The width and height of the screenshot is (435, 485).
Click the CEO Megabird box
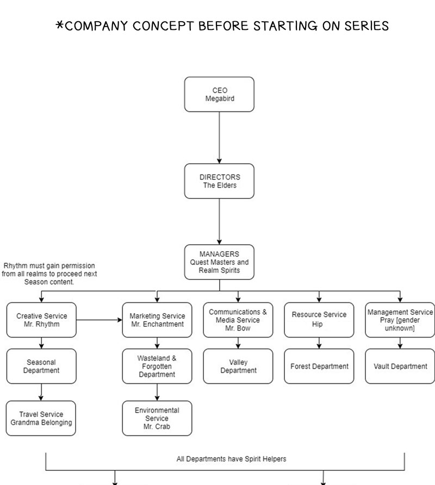tap(219, 94)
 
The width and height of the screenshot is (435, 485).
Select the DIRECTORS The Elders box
tap(219, 181)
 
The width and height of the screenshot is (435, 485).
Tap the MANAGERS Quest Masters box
tap(219, 262)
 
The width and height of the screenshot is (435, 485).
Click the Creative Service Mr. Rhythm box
tap(41, 320)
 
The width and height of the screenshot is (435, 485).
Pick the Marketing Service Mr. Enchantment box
tap(157, 320)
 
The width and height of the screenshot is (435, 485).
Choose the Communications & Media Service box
tap(238, 320)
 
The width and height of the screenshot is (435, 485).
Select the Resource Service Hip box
tap(319, 320)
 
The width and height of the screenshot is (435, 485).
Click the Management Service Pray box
tap(400, 320)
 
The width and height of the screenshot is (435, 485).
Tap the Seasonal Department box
tap(41, 366)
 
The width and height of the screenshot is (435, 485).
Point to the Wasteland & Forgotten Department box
tap(157, 366)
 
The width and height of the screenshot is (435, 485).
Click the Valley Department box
tap(238, 366)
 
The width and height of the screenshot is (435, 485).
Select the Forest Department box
tap(319, 366)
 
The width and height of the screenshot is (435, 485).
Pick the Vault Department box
tap(400, 366)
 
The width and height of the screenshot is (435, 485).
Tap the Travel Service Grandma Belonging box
tap(41, 418)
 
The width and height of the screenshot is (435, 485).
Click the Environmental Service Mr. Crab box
tap(157, 418)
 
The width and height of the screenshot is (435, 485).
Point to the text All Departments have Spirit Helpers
tap(224, 459)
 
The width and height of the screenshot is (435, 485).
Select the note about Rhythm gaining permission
tap(49, 273)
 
